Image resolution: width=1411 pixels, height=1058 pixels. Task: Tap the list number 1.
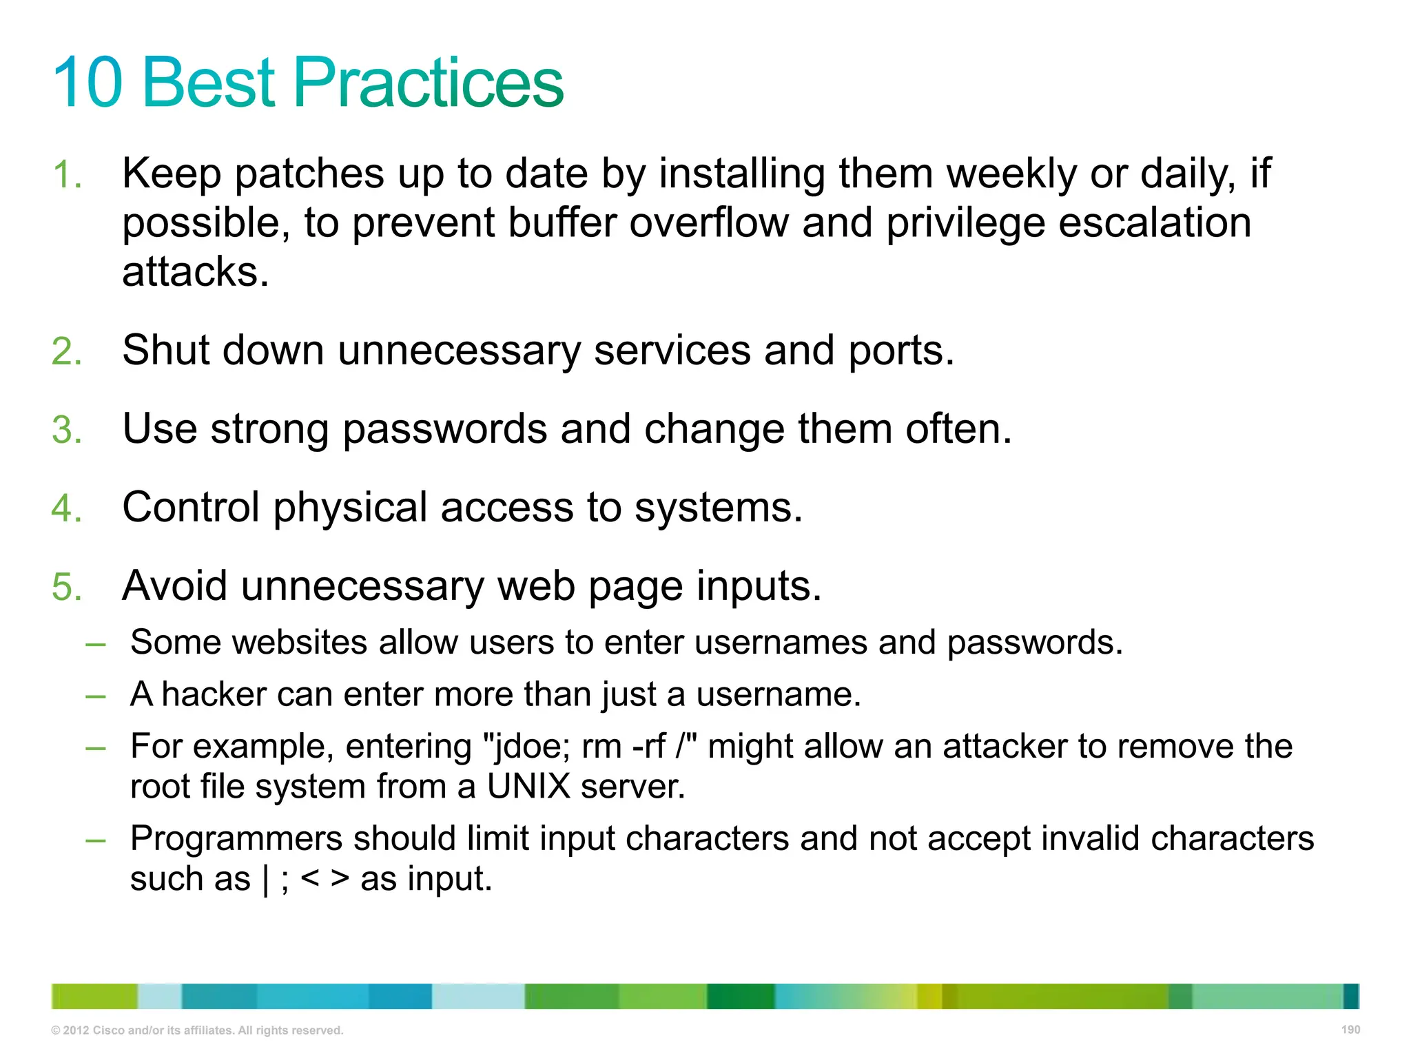click(x=66, y=174)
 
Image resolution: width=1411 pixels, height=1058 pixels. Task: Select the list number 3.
click(x=66, y=430)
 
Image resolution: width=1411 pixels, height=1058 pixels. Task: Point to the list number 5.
click(x=66, y=587)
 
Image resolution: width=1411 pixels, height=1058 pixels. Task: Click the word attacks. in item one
click(x=195, y=272)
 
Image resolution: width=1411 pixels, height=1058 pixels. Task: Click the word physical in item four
click(x=351, y=508)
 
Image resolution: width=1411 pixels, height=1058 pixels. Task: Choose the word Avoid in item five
click(x=174, y=586)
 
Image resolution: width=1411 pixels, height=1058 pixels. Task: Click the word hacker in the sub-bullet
click(x=214, y=694)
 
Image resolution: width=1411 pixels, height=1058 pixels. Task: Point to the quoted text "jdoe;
click(x=527, y=747)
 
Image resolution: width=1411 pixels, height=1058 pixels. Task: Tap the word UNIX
click(x=528, y=787)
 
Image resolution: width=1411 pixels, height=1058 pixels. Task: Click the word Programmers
click(x=236, y=839)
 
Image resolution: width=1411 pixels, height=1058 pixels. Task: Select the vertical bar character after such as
click(x=266, y=880)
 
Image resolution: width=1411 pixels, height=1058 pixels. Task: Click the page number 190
click(x=1350, y=1030)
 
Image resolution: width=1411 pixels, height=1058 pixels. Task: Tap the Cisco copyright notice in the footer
click(x=197, y=1030)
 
